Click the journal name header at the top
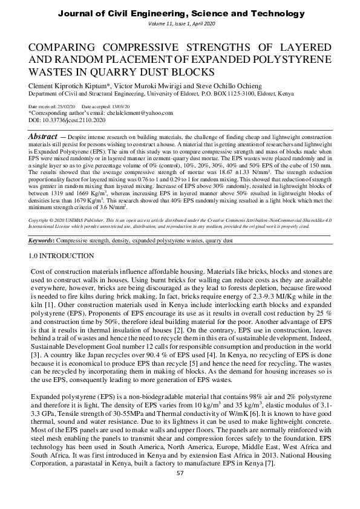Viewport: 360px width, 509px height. [x=180, y=12]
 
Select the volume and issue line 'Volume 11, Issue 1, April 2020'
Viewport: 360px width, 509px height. [x=180, y=22]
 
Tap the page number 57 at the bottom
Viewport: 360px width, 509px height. [x=180, y=489]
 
